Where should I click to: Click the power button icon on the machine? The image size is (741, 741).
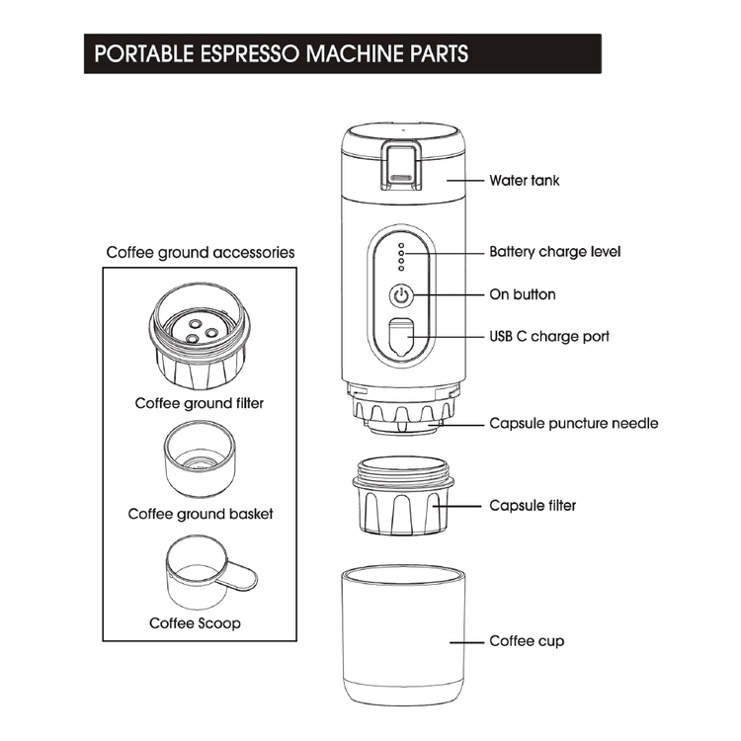400,294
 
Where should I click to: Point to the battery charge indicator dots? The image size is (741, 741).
400,256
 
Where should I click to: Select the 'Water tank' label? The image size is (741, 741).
525,181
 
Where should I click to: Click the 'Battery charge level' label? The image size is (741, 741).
555,252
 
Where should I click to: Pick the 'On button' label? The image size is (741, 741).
523,294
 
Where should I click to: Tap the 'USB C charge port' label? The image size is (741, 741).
549,336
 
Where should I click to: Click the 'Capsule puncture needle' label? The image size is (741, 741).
574,423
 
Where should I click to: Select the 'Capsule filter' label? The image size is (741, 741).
533,505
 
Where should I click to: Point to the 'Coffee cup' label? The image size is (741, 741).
527,641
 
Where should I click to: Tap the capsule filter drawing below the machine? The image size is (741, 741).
401,494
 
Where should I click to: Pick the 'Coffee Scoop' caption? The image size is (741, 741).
195,623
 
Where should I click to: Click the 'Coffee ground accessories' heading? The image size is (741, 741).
201,252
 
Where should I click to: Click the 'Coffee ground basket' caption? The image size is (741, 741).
201,514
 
